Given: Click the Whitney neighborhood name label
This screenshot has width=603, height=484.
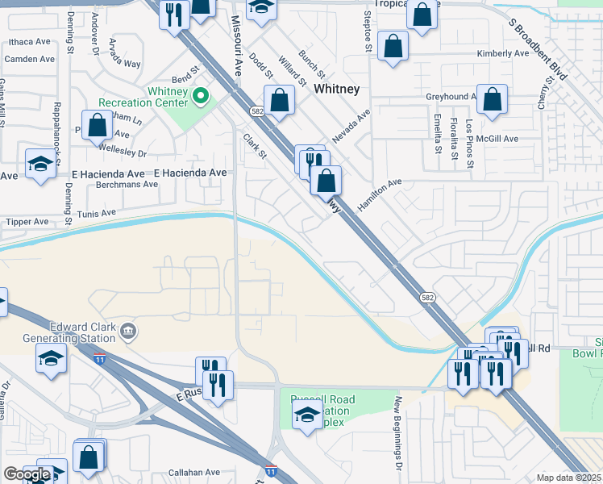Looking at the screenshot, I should click(337, 89).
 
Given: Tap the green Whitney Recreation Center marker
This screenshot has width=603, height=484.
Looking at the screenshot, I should click(199, 98).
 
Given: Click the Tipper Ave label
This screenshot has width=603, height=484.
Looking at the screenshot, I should click(27, 222).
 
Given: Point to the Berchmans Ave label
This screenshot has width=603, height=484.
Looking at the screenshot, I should click(127, 184).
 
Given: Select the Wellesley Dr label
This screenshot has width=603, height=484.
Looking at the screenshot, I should click(123, 152).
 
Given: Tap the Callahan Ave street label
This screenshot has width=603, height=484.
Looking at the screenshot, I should click(193, 473).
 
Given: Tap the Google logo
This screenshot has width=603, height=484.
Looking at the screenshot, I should click(27, 474).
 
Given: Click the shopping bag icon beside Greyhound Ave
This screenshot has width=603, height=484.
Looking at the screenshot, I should click(492, 101).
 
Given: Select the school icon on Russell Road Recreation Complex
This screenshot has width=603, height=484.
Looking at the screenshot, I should click(307, 417).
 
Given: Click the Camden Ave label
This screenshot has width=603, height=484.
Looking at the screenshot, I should click(30, 59).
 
